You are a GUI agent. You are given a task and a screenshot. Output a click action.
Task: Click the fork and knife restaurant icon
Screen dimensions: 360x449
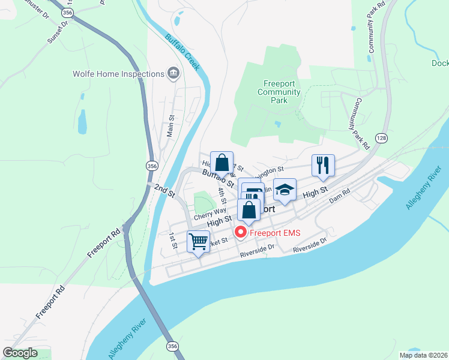[x=323, y=165]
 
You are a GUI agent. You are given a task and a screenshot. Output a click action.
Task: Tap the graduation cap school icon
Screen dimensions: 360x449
[x=285, y=190]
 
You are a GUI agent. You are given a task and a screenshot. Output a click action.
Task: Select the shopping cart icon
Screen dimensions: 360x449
[x=198, y=242]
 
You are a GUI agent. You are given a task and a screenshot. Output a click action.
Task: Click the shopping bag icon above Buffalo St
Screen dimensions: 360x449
[x=221, y=163]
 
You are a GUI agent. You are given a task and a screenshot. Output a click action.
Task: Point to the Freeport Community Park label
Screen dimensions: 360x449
[x=279, y=92]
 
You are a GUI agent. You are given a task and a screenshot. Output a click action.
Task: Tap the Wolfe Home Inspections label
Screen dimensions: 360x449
[x=118, y=74]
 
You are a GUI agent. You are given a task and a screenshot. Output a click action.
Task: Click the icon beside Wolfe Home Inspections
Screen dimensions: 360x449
[x=173, y=74]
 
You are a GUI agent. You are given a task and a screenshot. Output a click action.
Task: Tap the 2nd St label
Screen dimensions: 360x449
[x=163, y=191]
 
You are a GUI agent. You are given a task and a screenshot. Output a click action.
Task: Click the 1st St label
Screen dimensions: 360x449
[x=173, y=241]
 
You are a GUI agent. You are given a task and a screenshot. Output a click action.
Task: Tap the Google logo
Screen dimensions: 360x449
[x=20, y=353]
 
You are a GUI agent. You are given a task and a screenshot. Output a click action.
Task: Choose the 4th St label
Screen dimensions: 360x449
[x=223, y=195]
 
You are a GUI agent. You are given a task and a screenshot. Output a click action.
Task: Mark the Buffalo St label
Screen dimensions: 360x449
[x=217, y=178]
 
